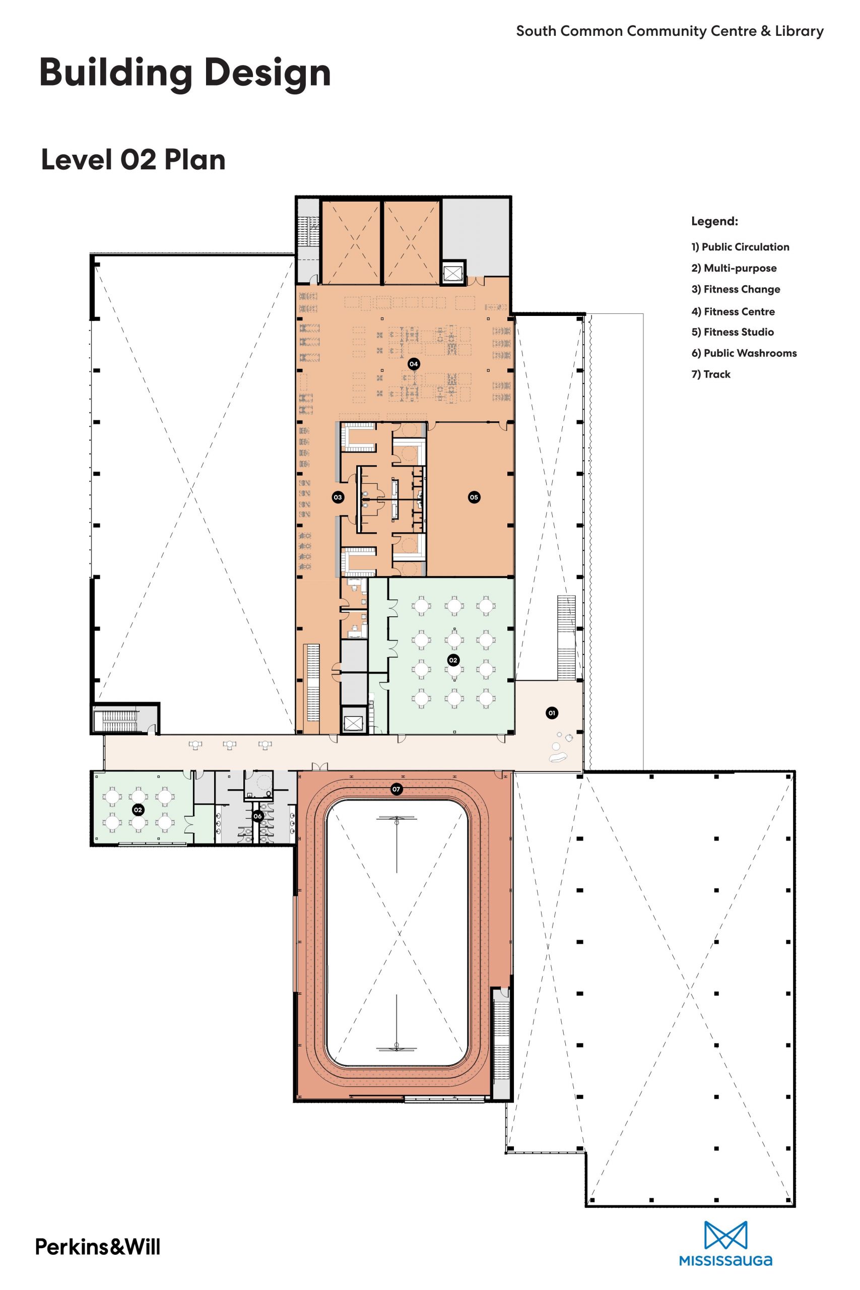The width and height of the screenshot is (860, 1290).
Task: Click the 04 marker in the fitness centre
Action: [x=414, y=364]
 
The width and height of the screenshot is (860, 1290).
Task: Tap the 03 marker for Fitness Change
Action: [x=338, y=497]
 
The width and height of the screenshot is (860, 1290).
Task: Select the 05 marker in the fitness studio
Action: [x=474, y=497]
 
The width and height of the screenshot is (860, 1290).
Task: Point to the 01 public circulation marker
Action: [x=552, y=713]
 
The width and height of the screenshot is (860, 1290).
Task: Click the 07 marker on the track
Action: [x=396, y=789]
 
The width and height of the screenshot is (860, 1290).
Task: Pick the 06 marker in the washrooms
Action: [x=258, y=816]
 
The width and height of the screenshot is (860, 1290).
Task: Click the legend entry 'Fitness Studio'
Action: [x=733, y=332]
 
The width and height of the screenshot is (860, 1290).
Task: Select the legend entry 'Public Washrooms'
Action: [x=744, y=353]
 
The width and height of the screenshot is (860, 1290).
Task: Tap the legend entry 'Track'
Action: [x=711, y=374]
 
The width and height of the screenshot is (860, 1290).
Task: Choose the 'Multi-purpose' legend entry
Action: [x=734, y=268]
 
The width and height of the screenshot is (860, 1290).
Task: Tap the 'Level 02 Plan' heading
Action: [x=134, y=160]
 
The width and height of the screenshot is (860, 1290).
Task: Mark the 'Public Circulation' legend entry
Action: [x=741, y=247]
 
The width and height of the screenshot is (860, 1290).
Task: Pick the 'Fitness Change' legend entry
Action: [x=736, y=290]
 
